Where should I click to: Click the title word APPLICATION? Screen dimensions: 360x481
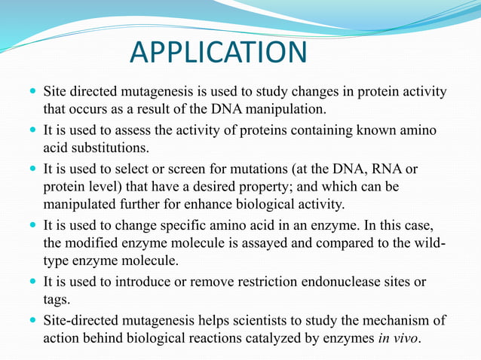(x=219, y=53)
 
